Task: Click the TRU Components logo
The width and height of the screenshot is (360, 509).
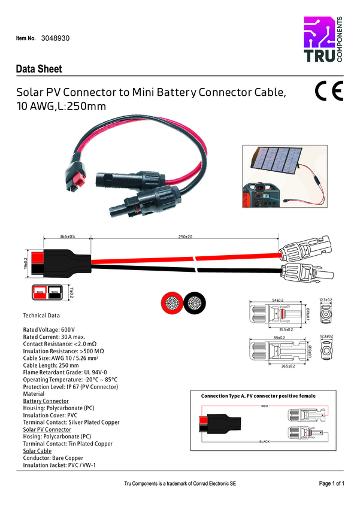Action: coord(323,42)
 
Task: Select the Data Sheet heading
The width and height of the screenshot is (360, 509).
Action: coord(39,69)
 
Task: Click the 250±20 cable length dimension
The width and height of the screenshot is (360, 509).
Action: coord(185,237)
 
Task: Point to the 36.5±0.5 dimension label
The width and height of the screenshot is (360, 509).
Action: coord(67,237)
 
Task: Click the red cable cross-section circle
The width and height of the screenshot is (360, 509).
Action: coord(171,302)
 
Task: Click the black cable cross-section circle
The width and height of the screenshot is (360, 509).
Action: coord(194,302)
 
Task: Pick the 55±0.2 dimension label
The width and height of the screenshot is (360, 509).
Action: coord(278,337)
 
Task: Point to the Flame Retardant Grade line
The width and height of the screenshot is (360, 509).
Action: coord(65,372)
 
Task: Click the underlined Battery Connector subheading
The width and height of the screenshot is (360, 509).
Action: coord(46,401)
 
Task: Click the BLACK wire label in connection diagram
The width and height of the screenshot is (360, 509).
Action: coord(264,441)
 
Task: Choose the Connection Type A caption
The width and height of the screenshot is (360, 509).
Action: coord(258,396)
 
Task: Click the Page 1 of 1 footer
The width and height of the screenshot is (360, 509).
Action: coord(331,483)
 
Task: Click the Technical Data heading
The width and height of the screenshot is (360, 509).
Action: coord(41,315)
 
